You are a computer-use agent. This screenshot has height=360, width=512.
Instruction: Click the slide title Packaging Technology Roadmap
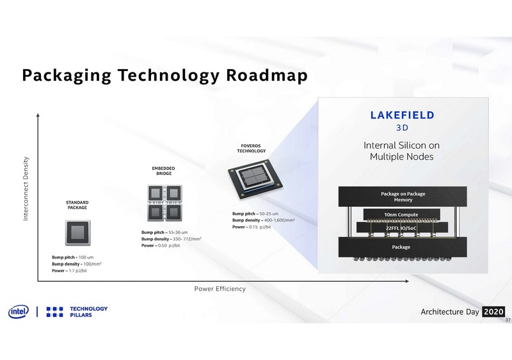[x=164, y=76]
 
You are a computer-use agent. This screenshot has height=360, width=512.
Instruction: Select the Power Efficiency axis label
[x=220, y=289]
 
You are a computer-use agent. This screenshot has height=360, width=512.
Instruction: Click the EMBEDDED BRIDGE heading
[x=163, y=170]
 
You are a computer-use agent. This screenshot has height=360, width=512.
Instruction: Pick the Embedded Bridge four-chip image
[x=163, y=202]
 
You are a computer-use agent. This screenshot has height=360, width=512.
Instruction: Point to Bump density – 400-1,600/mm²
[x=263, y=220]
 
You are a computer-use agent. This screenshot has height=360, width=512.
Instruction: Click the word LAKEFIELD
[x=403, y=115]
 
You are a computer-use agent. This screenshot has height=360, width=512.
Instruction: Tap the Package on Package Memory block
[x=403, y=197]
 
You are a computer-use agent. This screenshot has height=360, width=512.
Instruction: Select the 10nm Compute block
[x=401, y=215]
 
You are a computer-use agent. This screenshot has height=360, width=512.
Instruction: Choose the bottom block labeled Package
[x=401, y=247]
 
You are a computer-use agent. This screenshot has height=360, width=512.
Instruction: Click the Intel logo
[x=17, y=311]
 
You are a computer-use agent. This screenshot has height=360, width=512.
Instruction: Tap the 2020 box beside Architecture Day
[x=493, y=311]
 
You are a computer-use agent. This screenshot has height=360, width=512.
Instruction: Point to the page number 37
[x=507, y=320]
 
